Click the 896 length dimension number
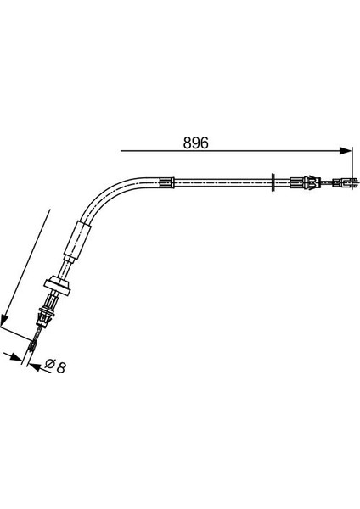[195, 143]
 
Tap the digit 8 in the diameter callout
[61, 367]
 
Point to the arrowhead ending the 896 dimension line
[345, 151]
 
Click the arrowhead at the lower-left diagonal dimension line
[5, 319]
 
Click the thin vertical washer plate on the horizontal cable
[273, 182]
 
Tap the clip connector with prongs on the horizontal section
[312, 182]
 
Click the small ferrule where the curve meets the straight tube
[167, 182]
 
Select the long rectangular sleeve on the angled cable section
[77, 238]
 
